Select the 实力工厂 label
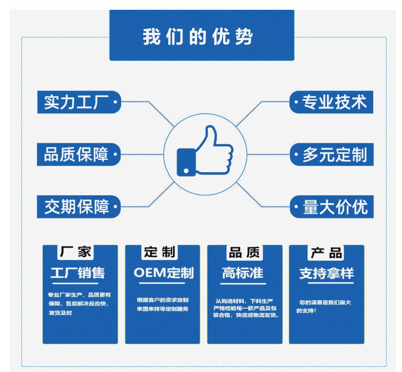(77, 102)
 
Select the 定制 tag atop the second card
(160, 252)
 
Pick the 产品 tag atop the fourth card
(326, 253)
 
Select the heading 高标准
(243, 273)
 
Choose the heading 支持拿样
(326, 273)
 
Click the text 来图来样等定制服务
(162, 309)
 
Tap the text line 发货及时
(61, 313)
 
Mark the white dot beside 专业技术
(296, 103)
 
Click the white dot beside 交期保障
(115, 207)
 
